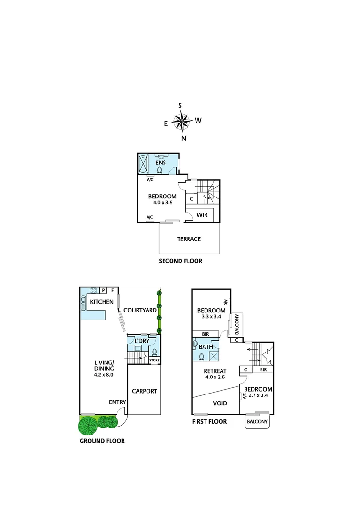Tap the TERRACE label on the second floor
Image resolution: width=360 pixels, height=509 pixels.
(x=189, y=239)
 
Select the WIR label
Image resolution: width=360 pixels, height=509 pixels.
(x=202, y=214)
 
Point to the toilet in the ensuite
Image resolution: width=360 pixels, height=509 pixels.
(x=160, y=171)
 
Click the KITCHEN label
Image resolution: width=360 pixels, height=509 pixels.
(x=102, y=302)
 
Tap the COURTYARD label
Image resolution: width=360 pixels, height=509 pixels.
(x=139, y=310)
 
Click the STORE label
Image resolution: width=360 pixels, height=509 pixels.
(x=155, y=361)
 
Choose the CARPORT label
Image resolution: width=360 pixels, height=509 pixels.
(x=144, y=391)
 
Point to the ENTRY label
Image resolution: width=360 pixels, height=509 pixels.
(x=117, y=402)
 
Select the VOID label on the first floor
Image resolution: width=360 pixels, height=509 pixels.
(x=220, y=403)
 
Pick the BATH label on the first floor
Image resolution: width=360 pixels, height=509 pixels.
(x=206, y=347)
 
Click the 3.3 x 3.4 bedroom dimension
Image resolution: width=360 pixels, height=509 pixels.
(x=211, y=317)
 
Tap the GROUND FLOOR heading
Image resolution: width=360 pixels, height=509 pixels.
(x=102, y=441)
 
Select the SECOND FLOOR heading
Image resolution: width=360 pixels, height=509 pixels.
(x=180, y=261)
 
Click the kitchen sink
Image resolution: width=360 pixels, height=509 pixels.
(x=83, y=301)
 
